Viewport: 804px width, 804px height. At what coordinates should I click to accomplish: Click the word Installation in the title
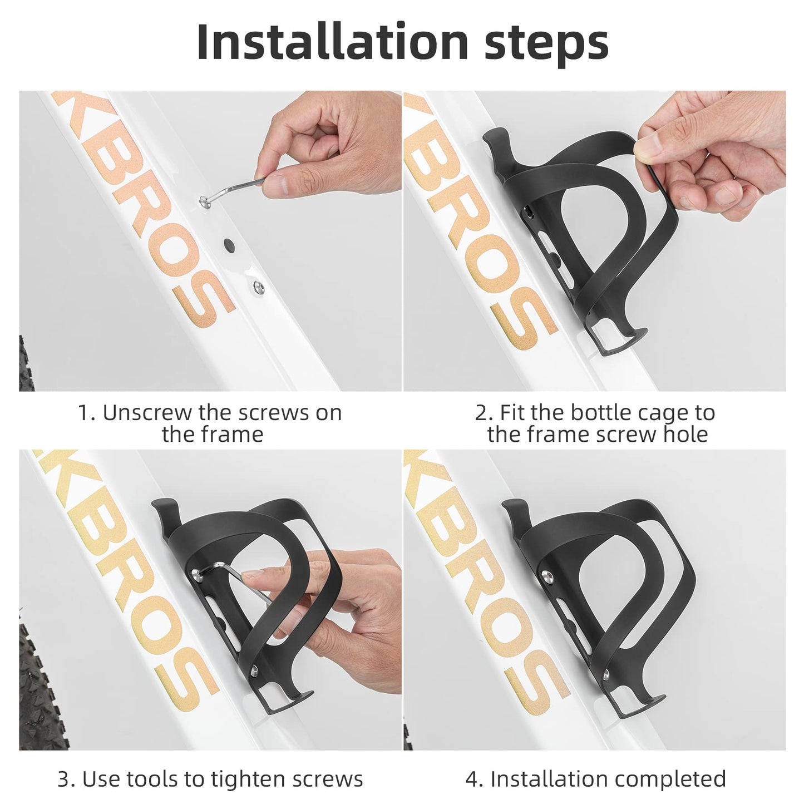pyautogui.click(x=333, y=43)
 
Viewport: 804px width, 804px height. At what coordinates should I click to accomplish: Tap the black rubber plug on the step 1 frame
pyautogui.click(x=229, y=244)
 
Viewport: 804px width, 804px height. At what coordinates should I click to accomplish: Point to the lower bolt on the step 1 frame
pyautogui.click(x=258, y=288)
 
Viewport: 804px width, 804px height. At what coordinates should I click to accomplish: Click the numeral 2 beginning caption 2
pyautogui.click(x=481, y=413)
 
